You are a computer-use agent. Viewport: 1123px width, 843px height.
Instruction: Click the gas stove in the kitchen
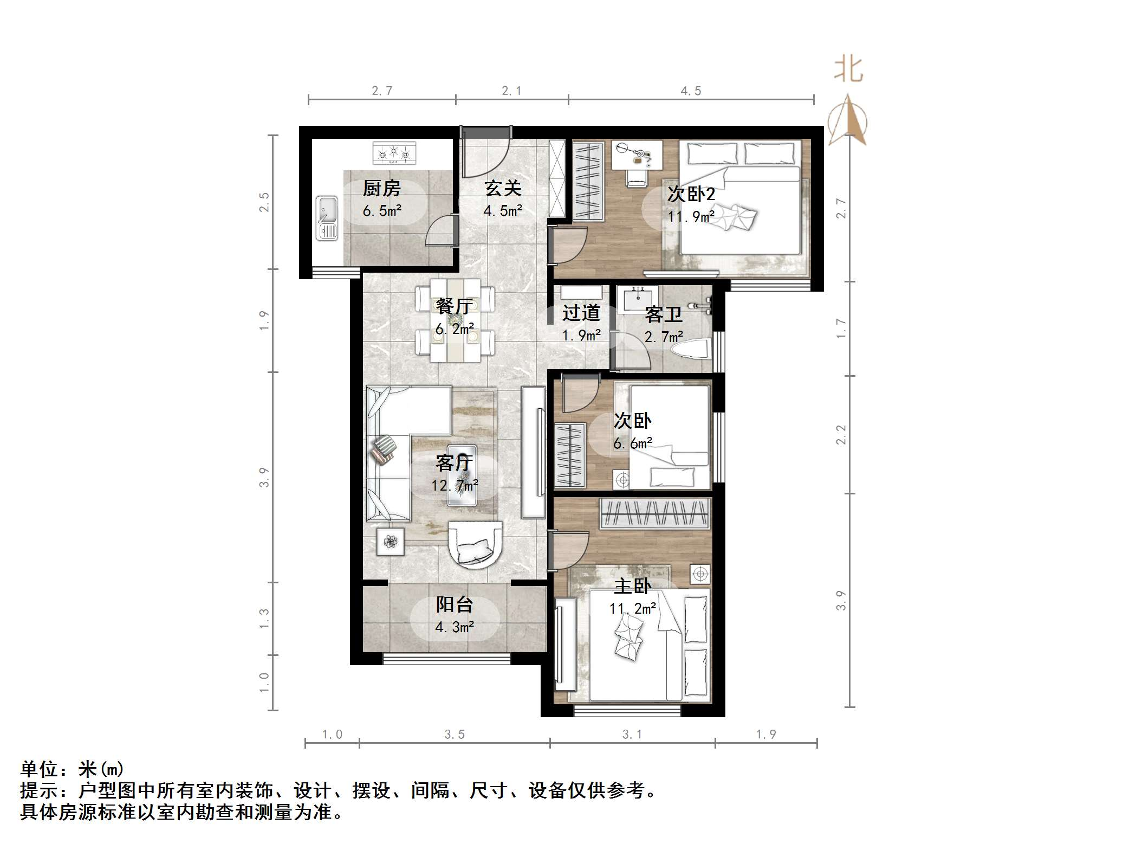coord(394,153)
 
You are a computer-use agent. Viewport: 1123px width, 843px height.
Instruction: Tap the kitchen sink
coord(327,218)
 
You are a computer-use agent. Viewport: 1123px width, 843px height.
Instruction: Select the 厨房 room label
coord(381,189)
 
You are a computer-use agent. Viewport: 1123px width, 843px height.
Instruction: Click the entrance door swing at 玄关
coord(484,155)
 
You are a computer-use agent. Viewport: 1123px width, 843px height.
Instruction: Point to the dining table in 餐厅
coord(455,320)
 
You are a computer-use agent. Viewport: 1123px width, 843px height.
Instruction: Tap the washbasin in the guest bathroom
coord(640,299)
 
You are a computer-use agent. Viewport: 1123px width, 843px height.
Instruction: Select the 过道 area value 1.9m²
coord(581,336)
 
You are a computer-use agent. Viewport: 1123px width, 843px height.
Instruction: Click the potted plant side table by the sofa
coord(391,541)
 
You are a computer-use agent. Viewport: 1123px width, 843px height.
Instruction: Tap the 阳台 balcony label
coord(455,604)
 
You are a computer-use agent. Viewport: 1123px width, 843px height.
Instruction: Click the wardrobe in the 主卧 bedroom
coord(654,513)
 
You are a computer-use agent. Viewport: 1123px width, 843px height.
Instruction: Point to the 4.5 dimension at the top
coord(691,91)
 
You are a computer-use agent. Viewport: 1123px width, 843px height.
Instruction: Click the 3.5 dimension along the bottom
coord(455,734)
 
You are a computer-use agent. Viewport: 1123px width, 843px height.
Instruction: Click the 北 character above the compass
coord(848,70)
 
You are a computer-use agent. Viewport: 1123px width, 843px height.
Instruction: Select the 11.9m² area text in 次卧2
coord(691,217)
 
